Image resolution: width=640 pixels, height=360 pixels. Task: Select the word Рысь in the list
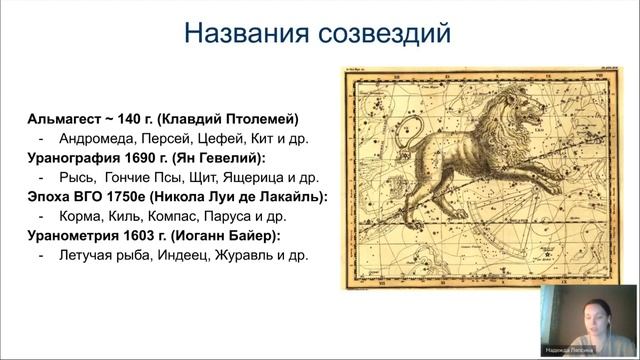click(76, 177)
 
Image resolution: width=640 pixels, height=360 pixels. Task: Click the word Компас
click(175, 216)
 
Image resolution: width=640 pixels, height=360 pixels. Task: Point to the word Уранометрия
click(70, 235)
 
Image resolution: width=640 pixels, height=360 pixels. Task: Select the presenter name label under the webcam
click(593, 353)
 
